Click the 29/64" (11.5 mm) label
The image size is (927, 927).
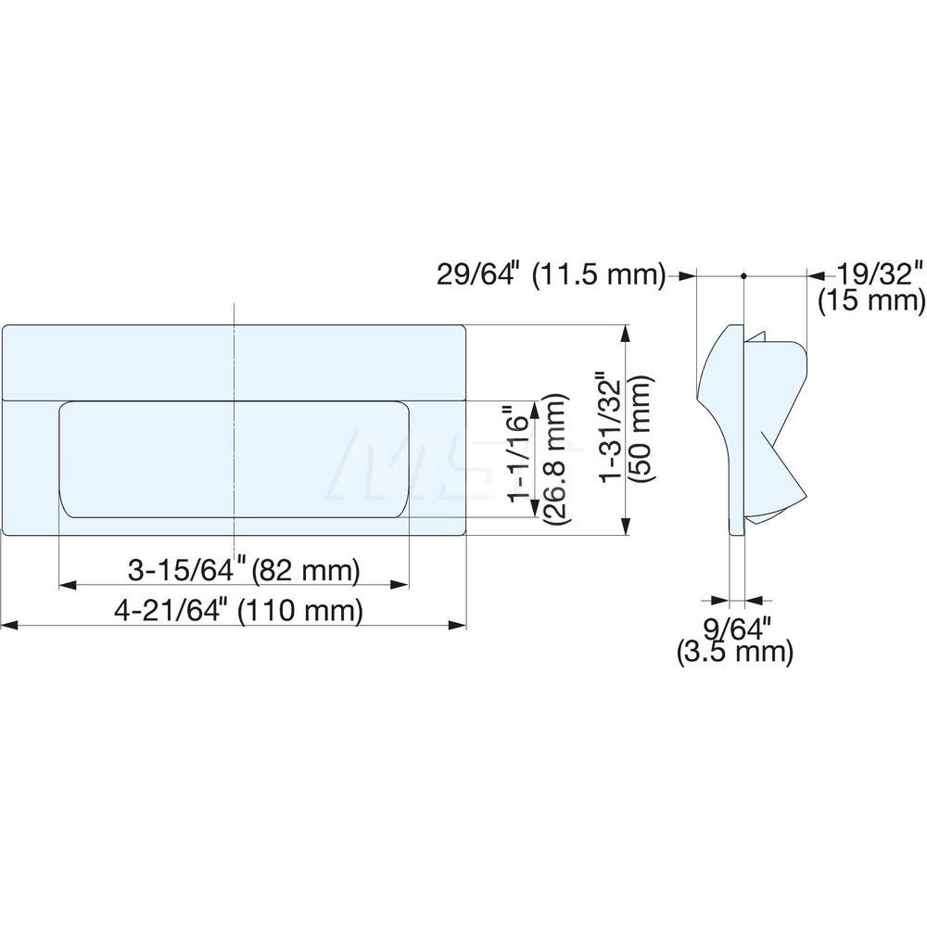pyautogui.click(x=551, y=274)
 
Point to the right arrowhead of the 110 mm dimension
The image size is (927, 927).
pyautogui.click(x=457, y=627)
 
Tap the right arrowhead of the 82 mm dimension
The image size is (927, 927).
pyautogui.click(x=400, y=585)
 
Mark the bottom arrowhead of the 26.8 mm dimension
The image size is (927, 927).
pyautogui.click(x=535, y=507)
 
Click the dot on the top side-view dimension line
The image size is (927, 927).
pyautogui.click(x=743, y=275)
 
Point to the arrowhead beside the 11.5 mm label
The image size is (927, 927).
pyautogui.click(x=687, y=275)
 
